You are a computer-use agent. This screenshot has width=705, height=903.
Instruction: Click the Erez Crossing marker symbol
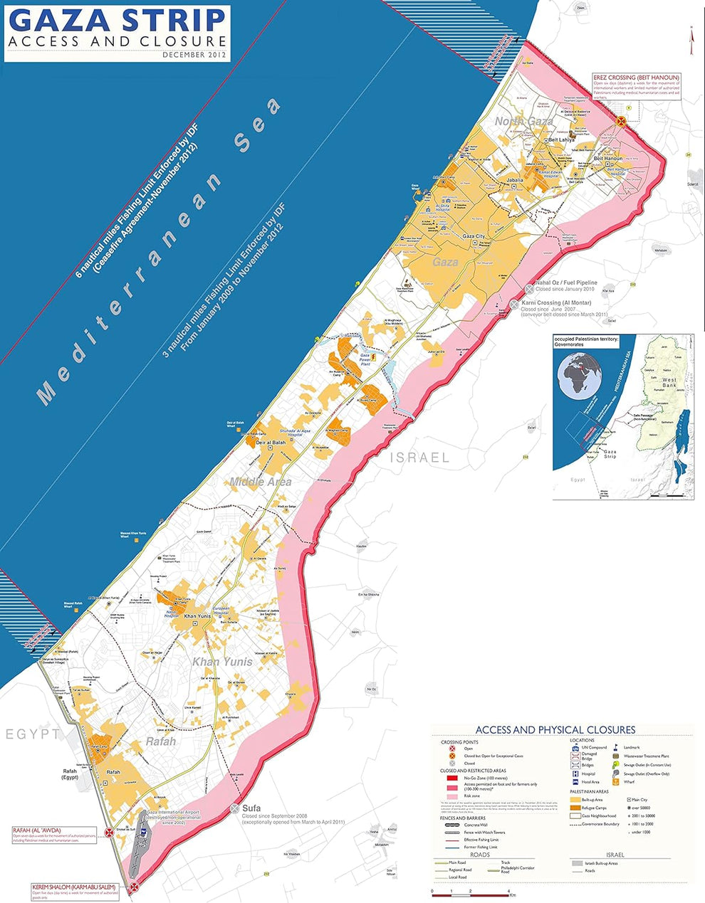[621, 121]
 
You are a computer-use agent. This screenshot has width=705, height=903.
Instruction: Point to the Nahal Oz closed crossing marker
[529, 288]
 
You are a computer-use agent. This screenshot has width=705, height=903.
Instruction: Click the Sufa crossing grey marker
[236, 808]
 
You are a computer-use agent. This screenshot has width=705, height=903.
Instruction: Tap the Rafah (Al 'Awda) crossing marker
[108, 832]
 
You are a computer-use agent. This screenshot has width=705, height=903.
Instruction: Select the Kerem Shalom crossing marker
[134, 887]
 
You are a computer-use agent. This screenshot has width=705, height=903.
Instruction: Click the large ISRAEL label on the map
[419, 458]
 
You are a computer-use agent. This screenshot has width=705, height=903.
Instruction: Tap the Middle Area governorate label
[261, 482]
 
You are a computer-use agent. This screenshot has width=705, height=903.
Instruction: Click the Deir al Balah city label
[271, 443]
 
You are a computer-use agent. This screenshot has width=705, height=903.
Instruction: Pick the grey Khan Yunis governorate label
[222, 662]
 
